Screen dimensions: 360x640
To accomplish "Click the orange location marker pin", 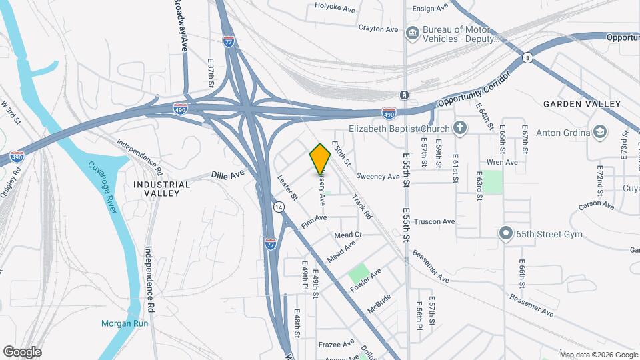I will [x=321, y=158].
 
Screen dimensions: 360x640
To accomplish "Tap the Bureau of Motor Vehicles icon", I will [x=413, y=31].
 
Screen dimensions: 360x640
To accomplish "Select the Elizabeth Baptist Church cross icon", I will [x=459, y=127].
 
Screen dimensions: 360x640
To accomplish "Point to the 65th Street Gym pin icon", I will [x=505, y=234].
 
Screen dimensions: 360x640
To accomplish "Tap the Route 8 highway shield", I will [x=527, y=58].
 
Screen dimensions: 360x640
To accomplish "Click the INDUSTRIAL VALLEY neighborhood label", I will [x=157, y=188].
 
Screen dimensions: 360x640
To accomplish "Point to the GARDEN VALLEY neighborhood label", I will [x=581, y=104].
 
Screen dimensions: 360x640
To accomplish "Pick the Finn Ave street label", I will [x=313, y=221].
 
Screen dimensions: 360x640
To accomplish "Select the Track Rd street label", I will [x=361, y=207].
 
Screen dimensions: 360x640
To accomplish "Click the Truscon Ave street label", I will [x=433, y=221].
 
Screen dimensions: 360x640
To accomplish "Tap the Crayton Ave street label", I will [x=378, y=29].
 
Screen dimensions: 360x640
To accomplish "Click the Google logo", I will [x=22, y=351].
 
